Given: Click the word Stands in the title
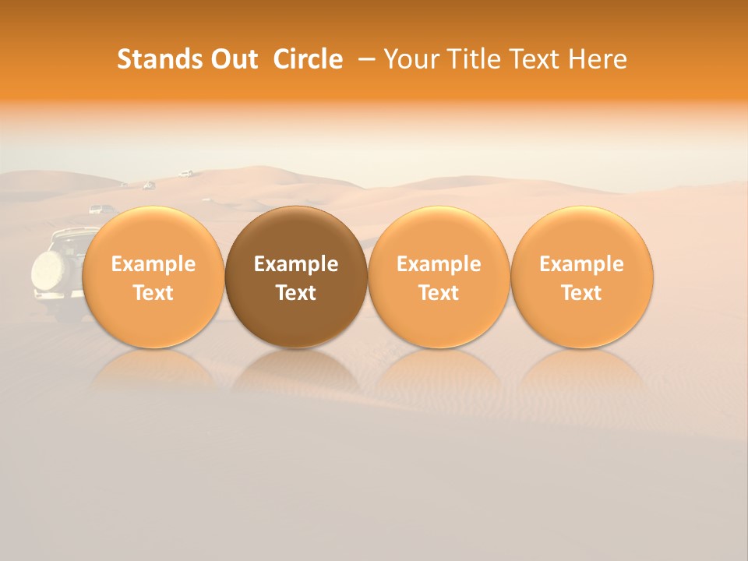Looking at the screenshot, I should coord(158,59).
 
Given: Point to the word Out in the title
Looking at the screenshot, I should coord(232,59).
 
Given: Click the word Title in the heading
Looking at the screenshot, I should coord(475,59).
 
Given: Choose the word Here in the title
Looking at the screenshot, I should coord(598,59).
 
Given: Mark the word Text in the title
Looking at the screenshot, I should coord(537,59).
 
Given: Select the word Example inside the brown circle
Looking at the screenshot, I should coord(296,264).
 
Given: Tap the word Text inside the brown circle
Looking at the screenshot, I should coord(296,293).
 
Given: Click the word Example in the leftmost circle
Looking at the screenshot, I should coord(153,264).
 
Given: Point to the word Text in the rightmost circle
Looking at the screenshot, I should coord(581,293).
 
